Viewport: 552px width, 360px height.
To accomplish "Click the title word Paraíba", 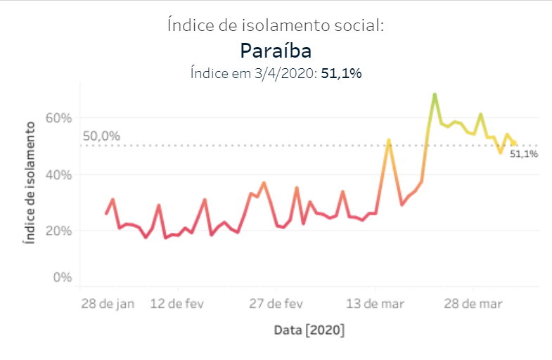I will tap(276, 51).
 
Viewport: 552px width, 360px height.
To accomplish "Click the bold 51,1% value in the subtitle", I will tap(341, 72).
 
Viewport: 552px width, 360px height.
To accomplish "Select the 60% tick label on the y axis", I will tap(59, 118).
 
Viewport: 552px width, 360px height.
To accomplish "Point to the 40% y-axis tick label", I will tap(59, 174).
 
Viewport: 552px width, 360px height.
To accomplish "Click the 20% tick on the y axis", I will tap(59, 231).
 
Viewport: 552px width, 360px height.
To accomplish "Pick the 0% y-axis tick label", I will tap(63, 278).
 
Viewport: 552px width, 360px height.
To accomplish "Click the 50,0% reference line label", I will tap(101, 136).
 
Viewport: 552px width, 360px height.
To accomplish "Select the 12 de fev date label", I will tap(179, 304).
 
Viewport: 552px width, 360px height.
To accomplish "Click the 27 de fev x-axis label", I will tap(276, 304).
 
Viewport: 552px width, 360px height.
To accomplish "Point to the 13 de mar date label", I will tap(374, 304).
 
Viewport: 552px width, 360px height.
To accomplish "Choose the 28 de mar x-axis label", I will tap(473, 304).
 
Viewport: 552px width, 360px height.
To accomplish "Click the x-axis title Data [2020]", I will tap(309, 330).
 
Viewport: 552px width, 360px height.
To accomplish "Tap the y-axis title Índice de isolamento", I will tap(30, 183).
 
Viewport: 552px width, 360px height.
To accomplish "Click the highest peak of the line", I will tap(435, 94).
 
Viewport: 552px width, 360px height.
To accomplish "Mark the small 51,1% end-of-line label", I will tap(524, 154).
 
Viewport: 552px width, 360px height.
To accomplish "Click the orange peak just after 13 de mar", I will tap(388, 140).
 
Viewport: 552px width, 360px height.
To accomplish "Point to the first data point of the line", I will tap(106, 214).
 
